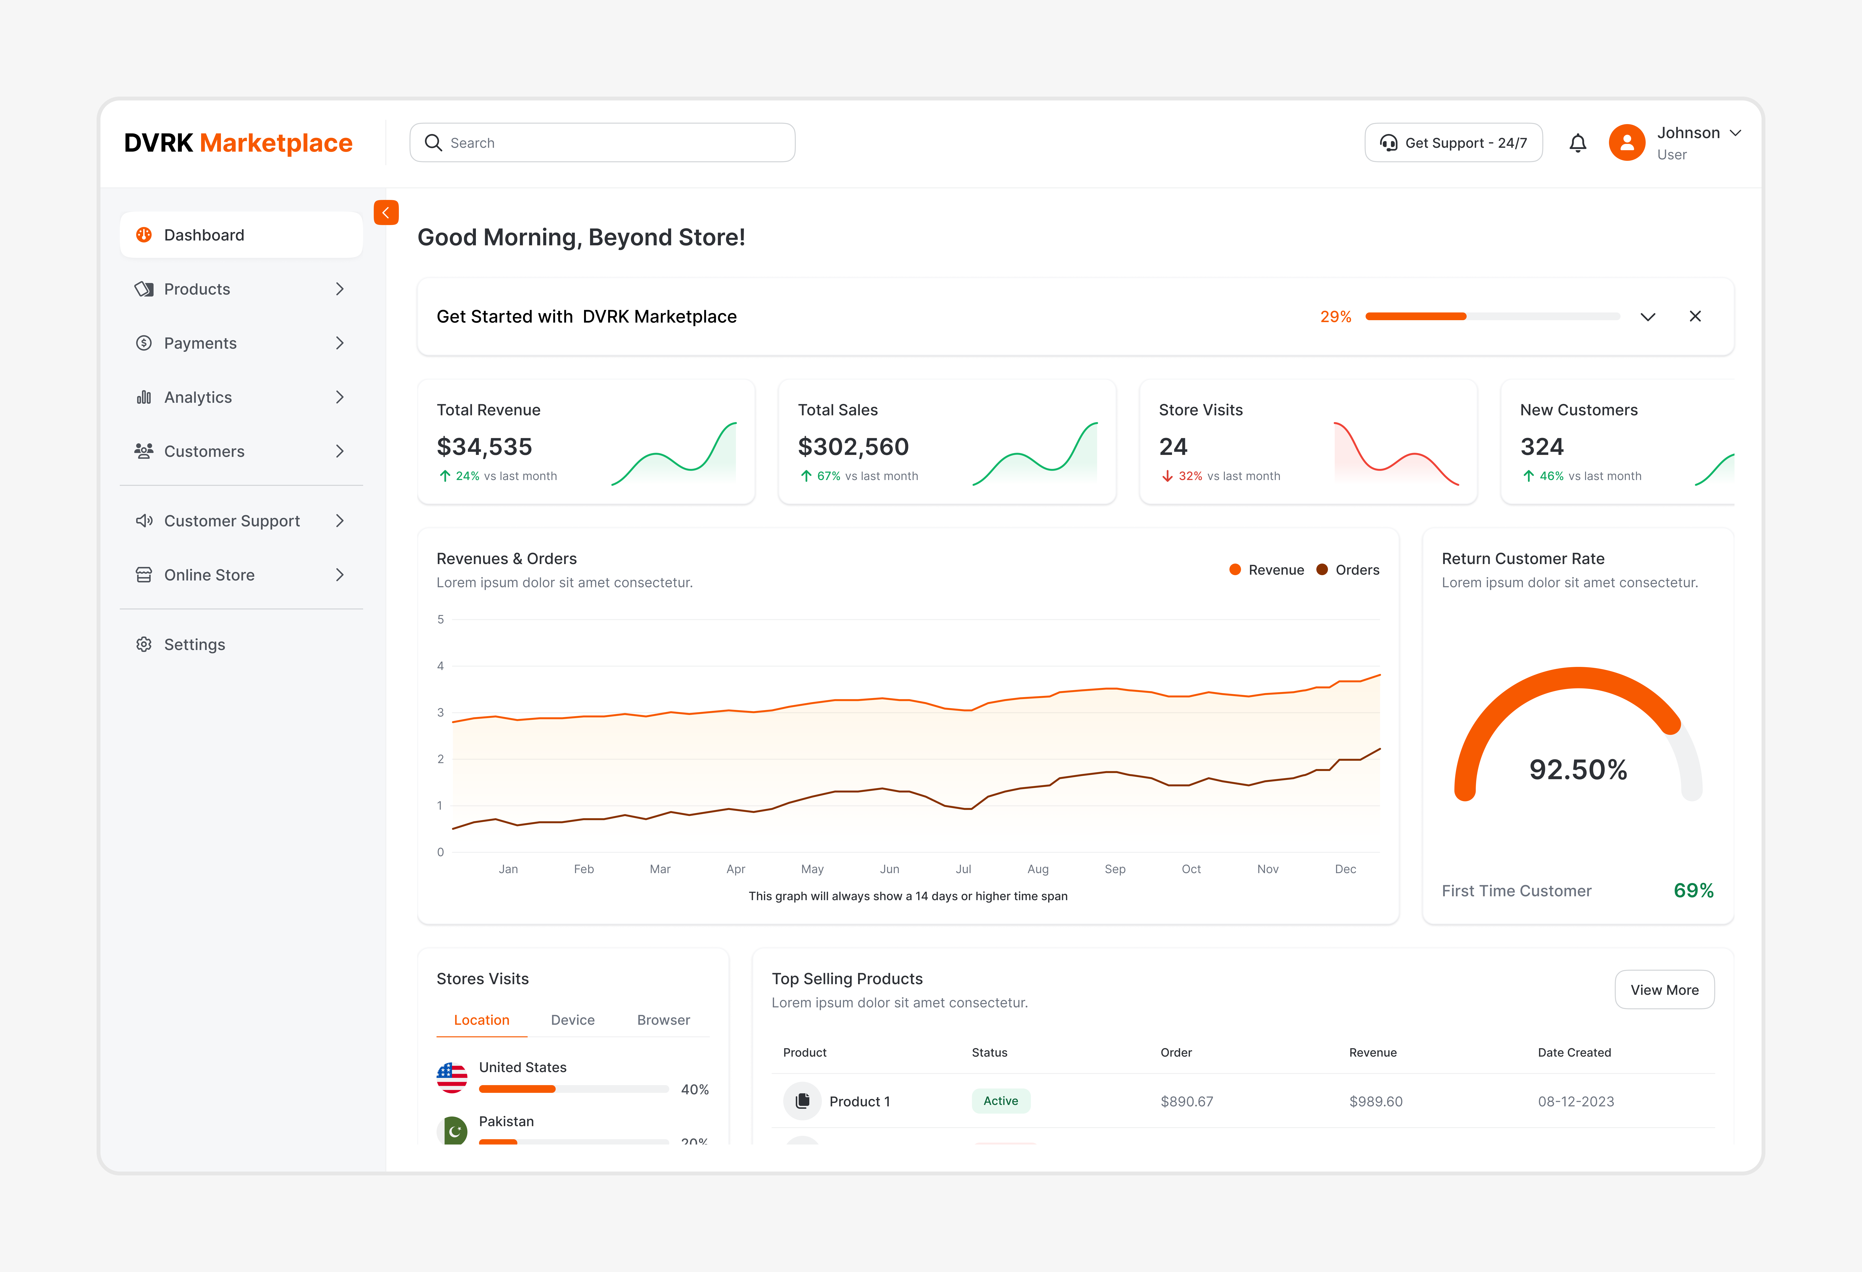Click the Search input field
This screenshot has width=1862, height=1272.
602,142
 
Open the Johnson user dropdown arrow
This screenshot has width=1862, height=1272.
1735,133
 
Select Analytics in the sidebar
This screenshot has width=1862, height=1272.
198,397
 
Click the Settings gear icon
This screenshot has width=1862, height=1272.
143,645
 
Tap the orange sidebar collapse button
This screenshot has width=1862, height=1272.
386,212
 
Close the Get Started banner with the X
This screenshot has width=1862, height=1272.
1694,316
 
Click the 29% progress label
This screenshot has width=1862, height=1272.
1335,316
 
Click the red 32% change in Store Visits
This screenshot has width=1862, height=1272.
1189,476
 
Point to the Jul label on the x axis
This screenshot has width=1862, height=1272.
963,869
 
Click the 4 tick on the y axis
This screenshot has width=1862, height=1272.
440,666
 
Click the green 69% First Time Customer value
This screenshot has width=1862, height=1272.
1693,891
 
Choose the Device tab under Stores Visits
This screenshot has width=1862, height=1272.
572,1020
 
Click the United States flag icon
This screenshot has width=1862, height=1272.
452,1077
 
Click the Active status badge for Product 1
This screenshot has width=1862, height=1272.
1000,1101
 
